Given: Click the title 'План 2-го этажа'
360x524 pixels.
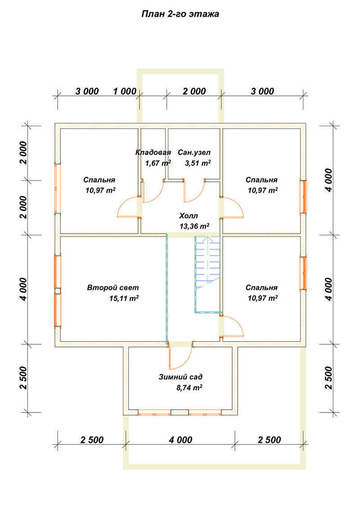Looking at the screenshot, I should pyautogui.click(x=180, y=14).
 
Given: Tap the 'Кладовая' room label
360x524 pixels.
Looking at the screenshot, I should pyautogui.click(x=153, y=152).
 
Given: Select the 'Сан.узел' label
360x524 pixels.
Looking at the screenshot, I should pyautogui.click(x=194, y=152).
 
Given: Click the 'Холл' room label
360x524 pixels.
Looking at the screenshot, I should pyautogui.click(x=188, y=216).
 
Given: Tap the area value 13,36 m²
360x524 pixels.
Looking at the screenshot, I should pyautogui.click(x=194, y=226).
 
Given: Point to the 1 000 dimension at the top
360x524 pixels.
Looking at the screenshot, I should pyautogui.click(x=125, y=91).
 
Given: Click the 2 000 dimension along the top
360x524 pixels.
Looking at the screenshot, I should pyautogui.click(x=194, y=91).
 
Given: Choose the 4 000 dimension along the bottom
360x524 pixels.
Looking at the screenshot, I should pyautogui.click(x=180, y=439).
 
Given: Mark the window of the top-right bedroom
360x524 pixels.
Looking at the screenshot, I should pyautogui.click(x=304, y=196).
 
